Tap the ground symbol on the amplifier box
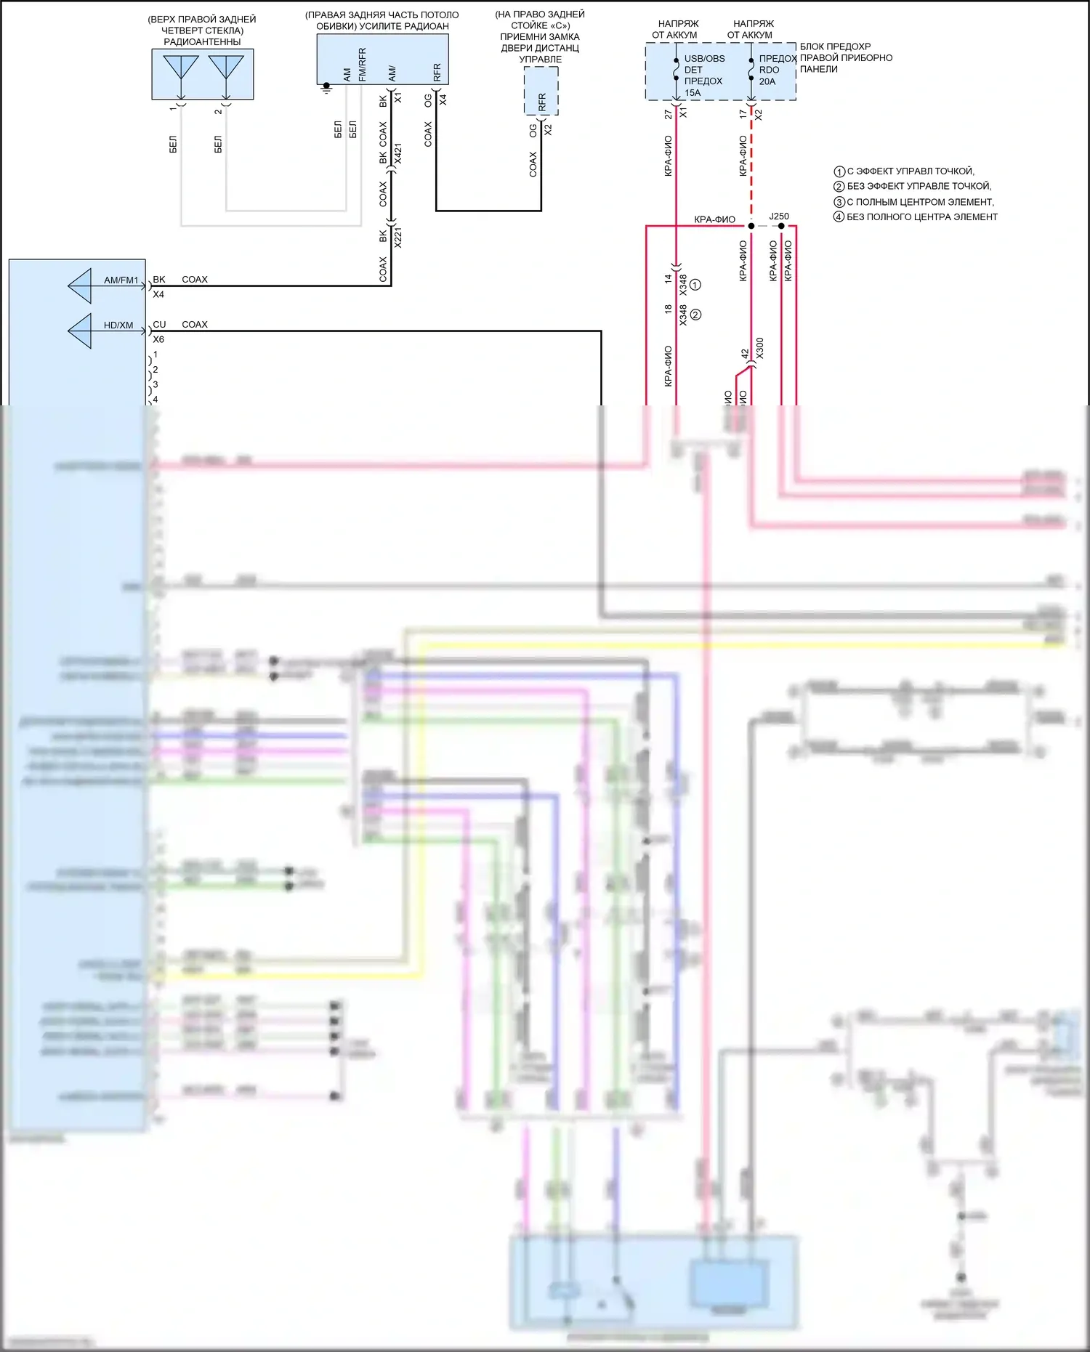click(326, 88)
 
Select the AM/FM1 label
click(121, 280)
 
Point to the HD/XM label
click(118, 325)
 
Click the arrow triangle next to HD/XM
click(81, 331)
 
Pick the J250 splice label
click(779, 216)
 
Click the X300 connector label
click(760, 348)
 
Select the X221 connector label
click(398, 238)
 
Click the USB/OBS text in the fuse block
click(704, 59)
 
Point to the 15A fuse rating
click(693, 93)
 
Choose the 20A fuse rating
click(767, 82)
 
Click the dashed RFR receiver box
click(541, 91)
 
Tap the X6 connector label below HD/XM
click(158, 339)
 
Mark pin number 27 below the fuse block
click(669, 115)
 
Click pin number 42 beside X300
click(745, 354)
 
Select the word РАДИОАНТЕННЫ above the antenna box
click(202, 42)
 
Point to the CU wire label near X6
click(159, 325)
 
